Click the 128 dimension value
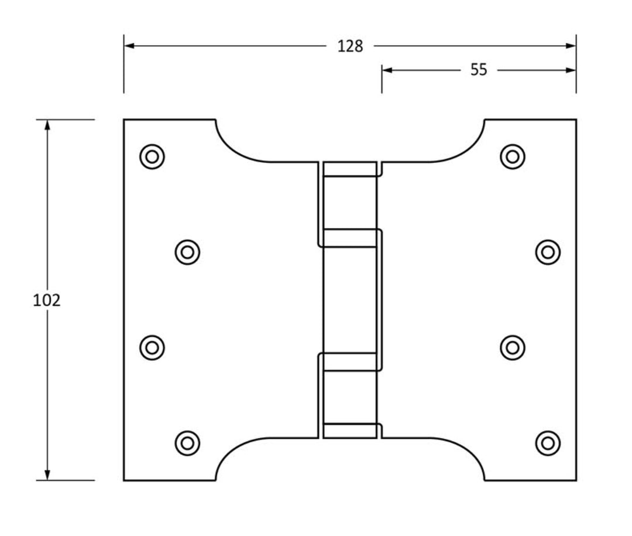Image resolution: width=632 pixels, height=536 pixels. click(350, 46)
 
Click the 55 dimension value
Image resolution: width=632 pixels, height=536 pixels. click(478, 70)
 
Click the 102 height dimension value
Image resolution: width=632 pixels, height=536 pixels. click(47, 300)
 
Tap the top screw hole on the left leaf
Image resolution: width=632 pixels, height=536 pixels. click(152, 156)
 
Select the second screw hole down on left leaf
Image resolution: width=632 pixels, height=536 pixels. click(188, 252)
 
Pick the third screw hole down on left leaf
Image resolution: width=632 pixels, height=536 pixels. click(152, 347)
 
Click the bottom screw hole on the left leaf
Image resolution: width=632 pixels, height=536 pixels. click(188, 442)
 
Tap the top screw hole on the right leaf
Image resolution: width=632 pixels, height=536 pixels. click(513, 156)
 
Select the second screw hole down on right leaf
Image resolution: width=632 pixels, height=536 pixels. click(548, 252)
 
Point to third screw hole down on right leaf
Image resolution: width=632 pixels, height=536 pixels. click(513, 347)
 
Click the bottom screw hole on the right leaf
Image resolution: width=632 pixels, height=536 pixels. click(548, 442)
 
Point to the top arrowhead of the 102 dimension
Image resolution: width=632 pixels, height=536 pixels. click(47, 125)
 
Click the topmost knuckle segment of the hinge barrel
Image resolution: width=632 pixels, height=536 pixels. click(350, 169)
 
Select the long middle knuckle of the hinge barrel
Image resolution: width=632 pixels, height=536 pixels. click(350, 300)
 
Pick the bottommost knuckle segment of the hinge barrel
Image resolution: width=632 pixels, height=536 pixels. click(350, 431)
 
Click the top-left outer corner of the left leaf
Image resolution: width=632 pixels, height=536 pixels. click(124, 120)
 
